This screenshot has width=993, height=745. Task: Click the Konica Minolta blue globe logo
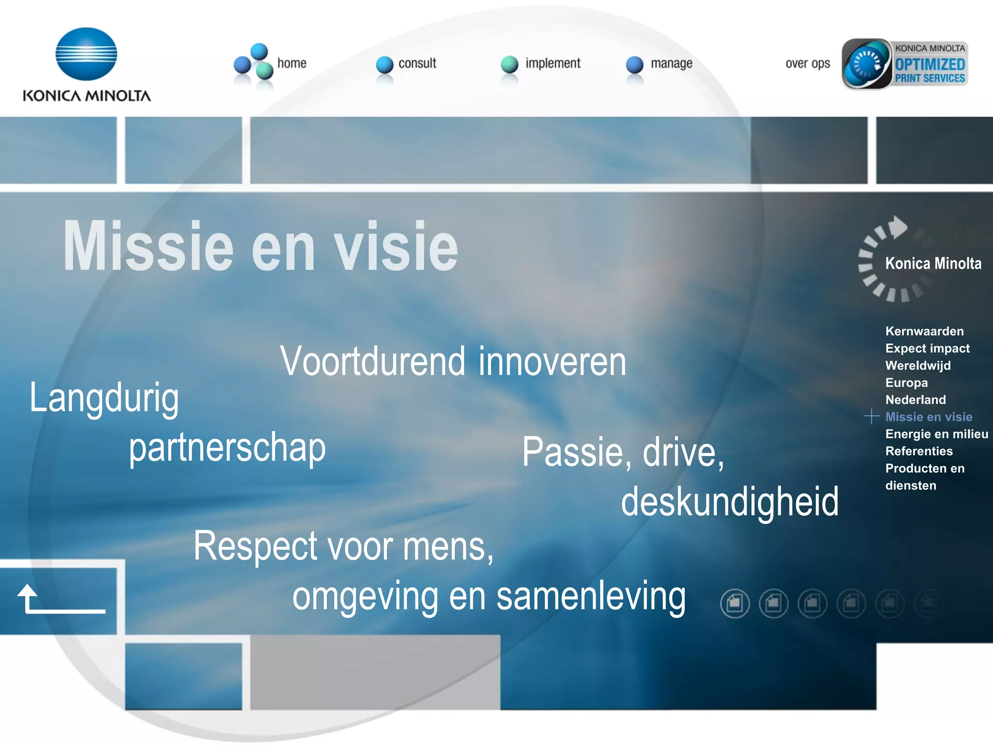86,53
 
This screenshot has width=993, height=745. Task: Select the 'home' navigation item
291,64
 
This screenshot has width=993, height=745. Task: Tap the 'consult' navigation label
417,64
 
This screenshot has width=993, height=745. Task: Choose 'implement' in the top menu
553,64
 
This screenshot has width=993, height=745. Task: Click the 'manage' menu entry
671,64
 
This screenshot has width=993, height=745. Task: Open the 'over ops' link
807,64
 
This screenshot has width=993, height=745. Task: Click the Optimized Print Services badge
905,64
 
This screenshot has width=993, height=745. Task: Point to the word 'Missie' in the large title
148,246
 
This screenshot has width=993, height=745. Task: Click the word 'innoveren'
552,362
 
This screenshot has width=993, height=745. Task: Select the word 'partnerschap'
227,448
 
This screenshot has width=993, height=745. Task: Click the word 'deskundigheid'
730,502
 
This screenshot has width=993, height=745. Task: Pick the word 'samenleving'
591,597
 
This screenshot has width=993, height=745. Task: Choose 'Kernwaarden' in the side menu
924,331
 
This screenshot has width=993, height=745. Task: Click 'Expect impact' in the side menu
927,348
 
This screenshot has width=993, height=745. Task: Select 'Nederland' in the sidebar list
915,400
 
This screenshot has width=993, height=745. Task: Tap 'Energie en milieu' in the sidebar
936,434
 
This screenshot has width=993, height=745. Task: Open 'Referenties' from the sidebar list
919,451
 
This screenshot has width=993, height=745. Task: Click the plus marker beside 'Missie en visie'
871,416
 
